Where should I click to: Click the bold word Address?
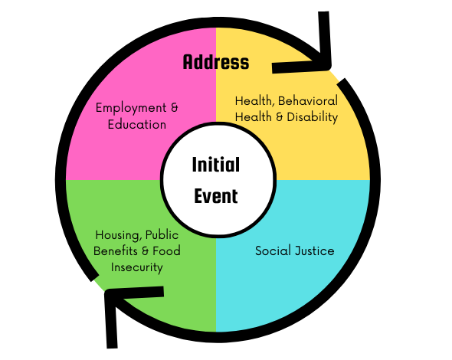tap(216, 62)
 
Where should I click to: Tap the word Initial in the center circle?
tap(216, 165)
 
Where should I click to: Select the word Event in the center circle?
tap(216, 196)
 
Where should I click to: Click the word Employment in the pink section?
tap(131, 108)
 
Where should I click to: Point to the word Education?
tap(137, 125)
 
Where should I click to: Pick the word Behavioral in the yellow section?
tap(308, 101)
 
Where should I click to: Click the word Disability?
tap(313, 117)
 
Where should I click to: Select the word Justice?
tap(315, 250)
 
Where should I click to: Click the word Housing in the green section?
tap(117, 235)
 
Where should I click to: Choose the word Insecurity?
tap(137, 267)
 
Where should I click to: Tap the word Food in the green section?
tap(166, 251)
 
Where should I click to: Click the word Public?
tap(162, 235)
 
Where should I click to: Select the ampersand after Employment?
tap(175, 108)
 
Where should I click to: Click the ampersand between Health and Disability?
tap(280, 117)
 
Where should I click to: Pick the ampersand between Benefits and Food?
tap(146, 251)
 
